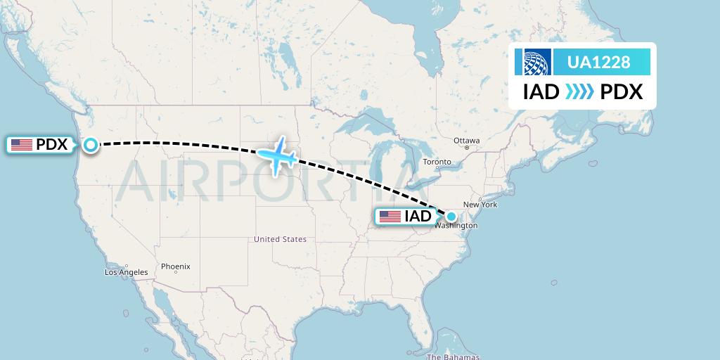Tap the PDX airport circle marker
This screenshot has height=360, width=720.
[x=91, y=145]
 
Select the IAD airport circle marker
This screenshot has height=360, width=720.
[x=451, y=217]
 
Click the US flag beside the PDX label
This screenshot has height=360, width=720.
[x=22, y=145]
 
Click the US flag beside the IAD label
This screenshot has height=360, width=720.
[x=390, y=217]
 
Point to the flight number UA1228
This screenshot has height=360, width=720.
[x=598, y=63]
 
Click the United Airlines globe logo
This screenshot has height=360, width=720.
[x=532, y=63]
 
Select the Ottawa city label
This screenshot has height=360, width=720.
[x=466, y=141]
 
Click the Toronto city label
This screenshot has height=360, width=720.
[x=437, y=162]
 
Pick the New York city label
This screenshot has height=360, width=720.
[x=480, y=205]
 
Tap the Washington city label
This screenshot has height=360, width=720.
[x=456, y=226]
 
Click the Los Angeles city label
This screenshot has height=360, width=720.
[x=127, y=272]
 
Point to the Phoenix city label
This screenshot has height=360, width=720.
[x=175, y=266]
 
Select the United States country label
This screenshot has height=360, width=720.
[x=280, y=240]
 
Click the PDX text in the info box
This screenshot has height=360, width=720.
[x=622, y=92]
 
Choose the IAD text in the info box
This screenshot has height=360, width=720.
[x=541, y=92]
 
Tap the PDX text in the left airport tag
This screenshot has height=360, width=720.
[x=51, y=145]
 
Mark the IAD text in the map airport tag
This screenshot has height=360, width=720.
[x=418, y=217]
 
